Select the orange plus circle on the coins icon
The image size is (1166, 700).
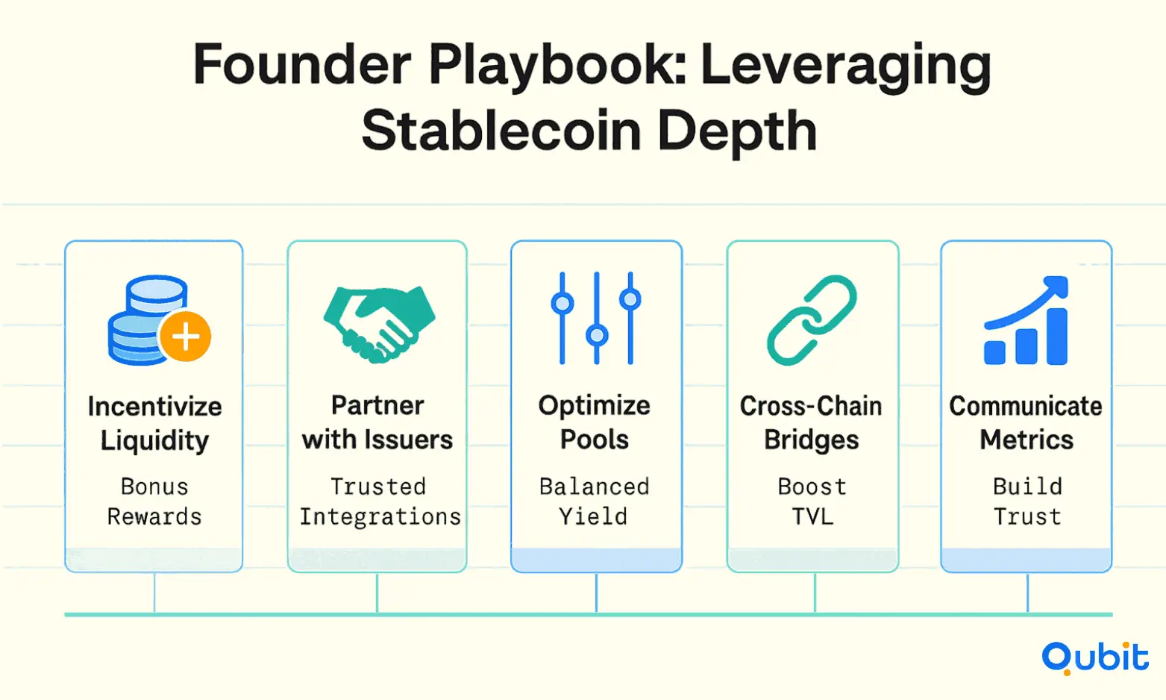pos(185,337)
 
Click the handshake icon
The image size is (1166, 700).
pos(380,324)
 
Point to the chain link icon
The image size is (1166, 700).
pos(812,320)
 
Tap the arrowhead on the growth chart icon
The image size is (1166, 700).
pos(1056,287)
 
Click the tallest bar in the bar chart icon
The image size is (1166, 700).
pos(1057,337)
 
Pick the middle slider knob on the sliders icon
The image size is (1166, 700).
pos(597,335)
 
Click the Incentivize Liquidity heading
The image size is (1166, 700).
pos(154,423)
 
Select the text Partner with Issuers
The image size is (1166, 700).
pos(377,422)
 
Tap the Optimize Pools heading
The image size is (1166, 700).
pos(595,422)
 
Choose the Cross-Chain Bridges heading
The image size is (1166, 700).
pos(811,422)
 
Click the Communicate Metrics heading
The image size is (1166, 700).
pos(1026,422)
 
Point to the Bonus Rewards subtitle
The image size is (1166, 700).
pos(154,501)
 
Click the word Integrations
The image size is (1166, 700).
pos(380,516)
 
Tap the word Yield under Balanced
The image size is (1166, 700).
pos(593,516)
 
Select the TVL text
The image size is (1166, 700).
pos(812,516)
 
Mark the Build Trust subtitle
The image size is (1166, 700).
pos(1027,501)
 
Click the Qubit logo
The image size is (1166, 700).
pos(1095,657)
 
